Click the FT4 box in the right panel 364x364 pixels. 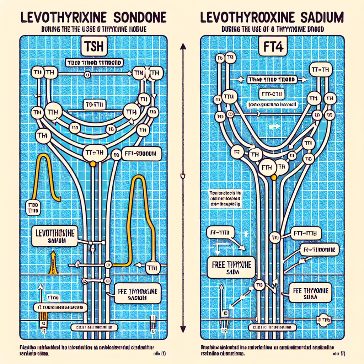coord(274,47)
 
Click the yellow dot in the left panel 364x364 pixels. coord(93,164)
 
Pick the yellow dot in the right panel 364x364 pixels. coord(274,177)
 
